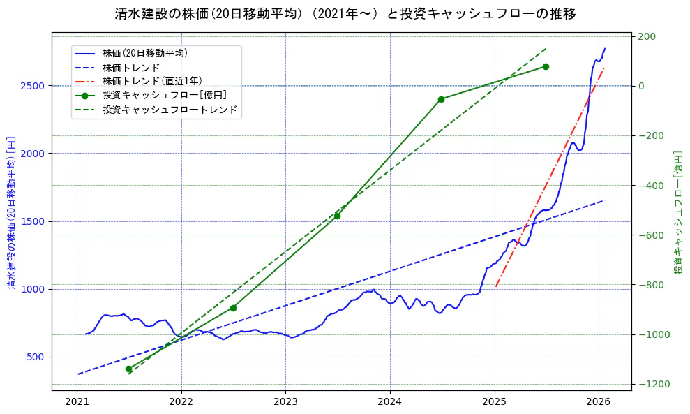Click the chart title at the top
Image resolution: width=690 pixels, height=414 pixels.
345,13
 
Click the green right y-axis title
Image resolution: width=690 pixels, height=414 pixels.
677,212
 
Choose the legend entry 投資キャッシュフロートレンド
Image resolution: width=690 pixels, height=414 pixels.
170,110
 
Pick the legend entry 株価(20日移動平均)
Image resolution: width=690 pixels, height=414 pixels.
144,52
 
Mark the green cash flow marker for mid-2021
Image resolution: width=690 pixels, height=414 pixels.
128,369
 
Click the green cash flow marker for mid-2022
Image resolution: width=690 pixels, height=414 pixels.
233,308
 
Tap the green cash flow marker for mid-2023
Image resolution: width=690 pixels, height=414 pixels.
337,216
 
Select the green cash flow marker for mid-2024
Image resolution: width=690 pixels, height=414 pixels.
441,99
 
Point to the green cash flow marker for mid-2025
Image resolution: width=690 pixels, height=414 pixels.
546,66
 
